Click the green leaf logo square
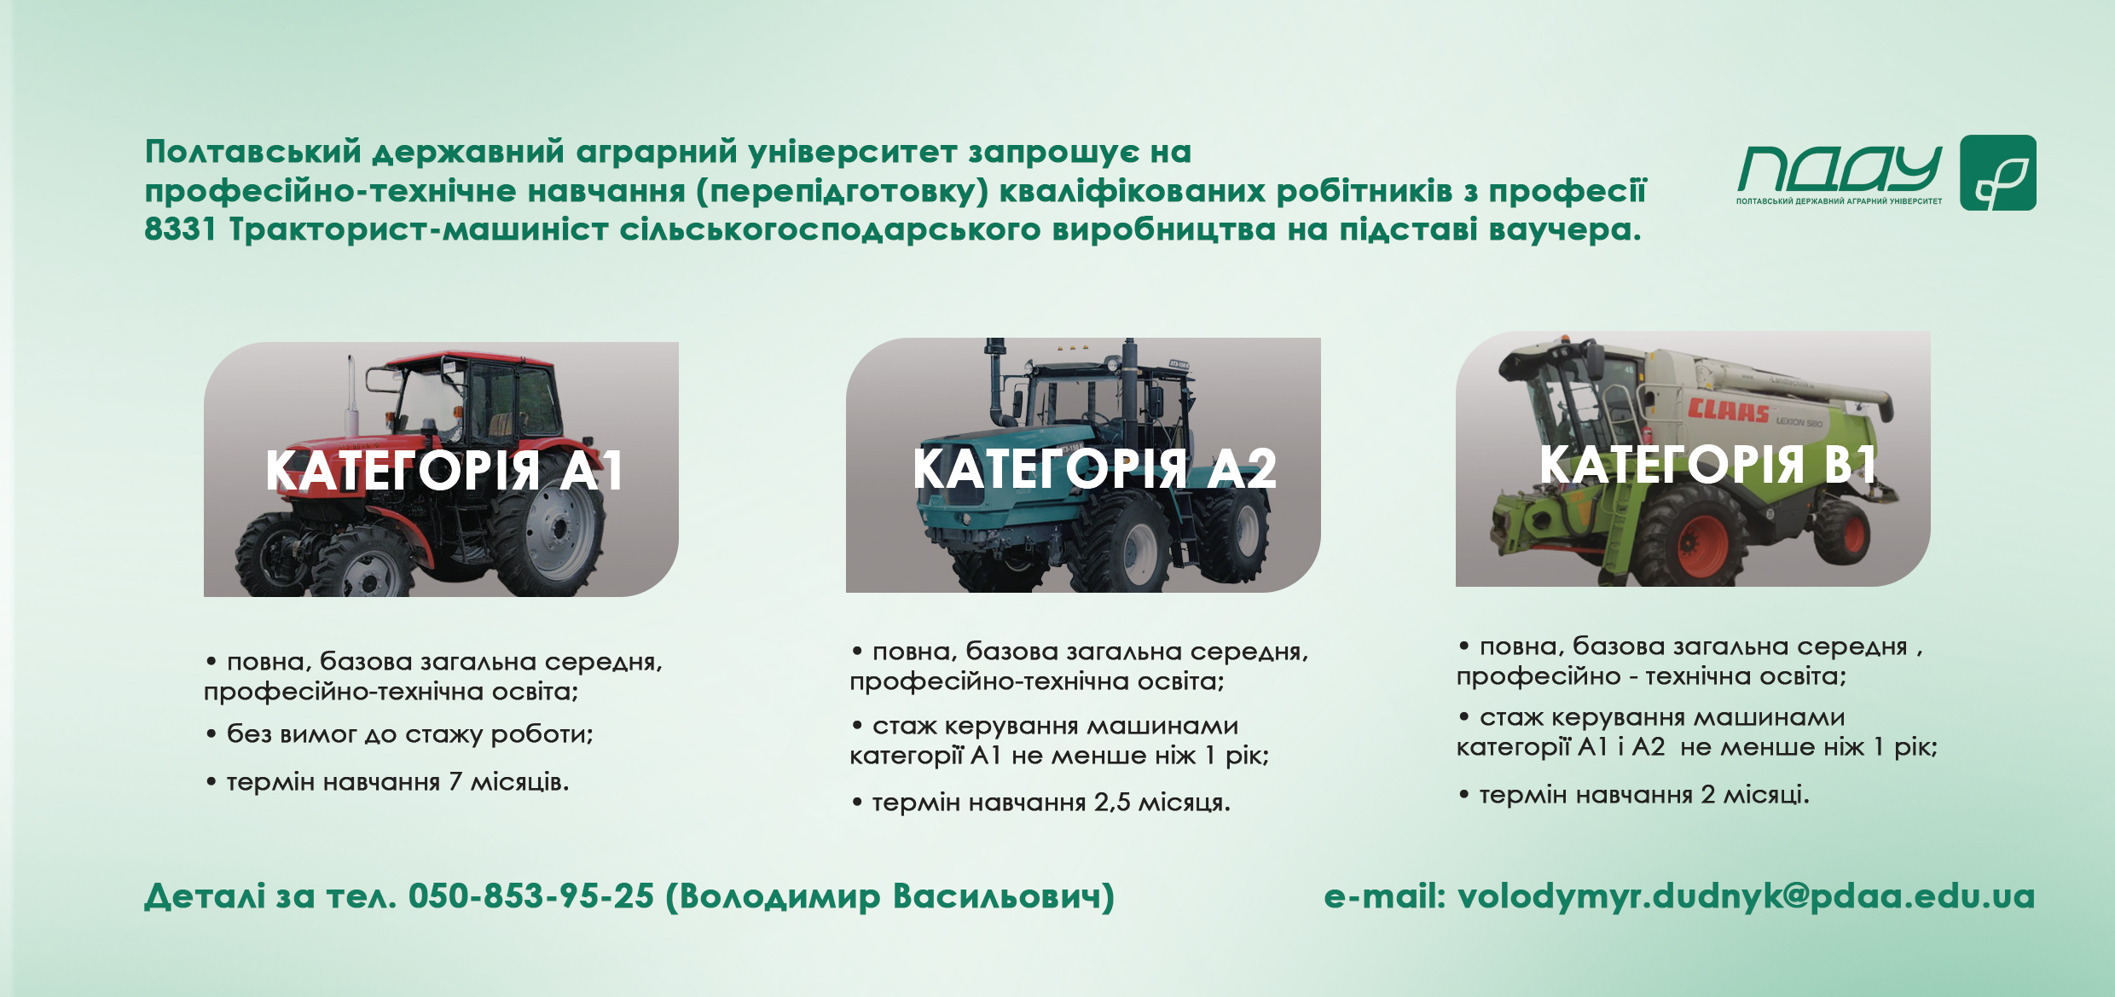(x=1998, y=172)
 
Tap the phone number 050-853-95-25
(x=531, y=896)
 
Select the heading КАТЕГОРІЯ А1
(x=444, y=470)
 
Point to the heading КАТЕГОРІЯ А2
(x=1095, y=468)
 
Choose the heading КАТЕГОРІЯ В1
(x=1708, y=464)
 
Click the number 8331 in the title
(x=180, y=229)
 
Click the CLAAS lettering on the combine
(x=1728, y=410)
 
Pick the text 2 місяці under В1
(x=1755, y=795)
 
